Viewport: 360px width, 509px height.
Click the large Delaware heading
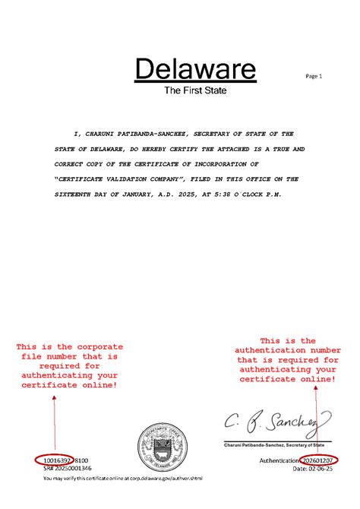coord(196,70)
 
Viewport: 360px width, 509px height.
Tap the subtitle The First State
coord(196,90)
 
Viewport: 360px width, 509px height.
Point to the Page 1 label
coord(314,76)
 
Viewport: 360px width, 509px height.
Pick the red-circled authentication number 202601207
coord(319,460)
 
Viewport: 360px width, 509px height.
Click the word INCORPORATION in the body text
coord(228,163)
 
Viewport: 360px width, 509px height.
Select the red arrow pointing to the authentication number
coord(317,418)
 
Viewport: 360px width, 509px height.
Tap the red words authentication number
coord(287,350)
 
